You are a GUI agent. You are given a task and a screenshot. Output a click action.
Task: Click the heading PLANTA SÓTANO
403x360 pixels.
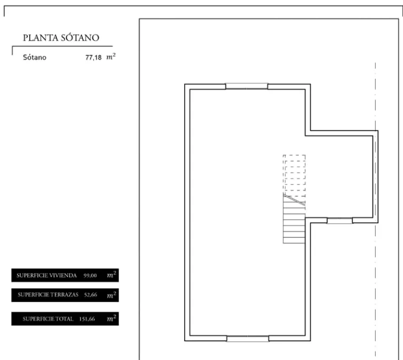61,38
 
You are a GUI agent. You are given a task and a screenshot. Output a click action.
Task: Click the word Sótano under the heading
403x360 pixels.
35,57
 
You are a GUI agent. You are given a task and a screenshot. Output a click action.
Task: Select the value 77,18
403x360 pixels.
93,58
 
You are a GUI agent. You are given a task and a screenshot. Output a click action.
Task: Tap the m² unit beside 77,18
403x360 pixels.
111,57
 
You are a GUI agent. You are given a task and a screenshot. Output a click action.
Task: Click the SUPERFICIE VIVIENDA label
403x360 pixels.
46,276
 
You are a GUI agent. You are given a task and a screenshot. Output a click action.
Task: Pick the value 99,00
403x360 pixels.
90,276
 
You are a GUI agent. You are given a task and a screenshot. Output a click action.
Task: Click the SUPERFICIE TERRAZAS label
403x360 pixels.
48,295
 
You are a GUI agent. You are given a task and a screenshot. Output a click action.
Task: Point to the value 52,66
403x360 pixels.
91,295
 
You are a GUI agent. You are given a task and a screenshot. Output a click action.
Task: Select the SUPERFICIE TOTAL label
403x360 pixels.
48,319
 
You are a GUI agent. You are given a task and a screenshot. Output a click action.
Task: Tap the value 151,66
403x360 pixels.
87,319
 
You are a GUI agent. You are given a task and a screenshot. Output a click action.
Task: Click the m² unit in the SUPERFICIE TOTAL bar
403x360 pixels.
112,318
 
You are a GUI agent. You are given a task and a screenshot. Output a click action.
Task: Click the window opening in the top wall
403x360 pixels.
247,86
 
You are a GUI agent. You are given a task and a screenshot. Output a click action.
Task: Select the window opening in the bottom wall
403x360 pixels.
248,339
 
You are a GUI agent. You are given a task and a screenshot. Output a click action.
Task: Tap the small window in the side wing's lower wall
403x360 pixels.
340,220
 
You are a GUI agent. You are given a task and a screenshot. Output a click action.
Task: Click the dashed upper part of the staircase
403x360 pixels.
294,174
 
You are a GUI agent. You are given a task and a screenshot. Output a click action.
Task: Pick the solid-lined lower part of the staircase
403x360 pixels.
294,223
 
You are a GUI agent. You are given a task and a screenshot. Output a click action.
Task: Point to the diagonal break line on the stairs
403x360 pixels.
294,200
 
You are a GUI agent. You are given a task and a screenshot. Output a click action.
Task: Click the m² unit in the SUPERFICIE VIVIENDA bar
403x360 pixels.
112,275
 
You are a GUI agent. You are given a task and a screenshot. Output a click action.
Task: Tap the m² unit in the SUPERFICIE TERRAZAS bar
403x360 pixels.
112,295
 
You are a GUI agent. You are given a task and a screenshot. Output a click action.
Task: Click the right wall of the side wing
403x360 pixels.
375,177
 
